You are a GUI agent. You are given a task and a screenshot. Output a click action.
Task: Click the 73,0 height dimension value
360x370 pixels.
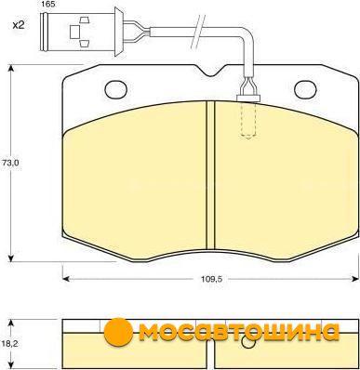pos(12,163)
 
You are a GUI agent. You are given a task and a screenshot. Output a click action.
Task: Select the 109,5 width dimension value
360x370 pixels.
pos(210,279)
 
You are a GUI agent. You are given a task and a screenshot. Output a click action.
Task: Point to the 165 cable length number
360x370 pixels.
pos(47,5)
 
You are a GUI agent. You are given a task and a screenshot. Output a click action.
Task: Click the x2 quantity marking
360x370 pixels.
pos(19,25)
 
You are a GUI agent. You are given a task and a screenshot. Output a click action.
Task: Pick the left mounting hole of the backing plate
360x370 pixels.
pos(116,89)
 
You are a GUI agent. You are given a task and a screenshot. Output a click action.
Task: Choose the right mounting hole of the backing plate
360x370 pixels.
pos(305,89)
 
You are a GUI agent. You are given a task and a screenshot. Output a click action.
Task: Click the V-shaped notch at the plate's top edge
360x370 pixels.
pos(210,71)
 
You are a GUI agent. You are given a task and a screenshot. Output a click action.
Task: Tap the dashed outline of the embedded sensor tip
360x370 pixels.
pos(248,120)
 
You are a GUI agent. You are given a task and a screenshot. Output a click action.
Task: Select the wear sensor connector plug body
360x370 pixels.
pos(81,32)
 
